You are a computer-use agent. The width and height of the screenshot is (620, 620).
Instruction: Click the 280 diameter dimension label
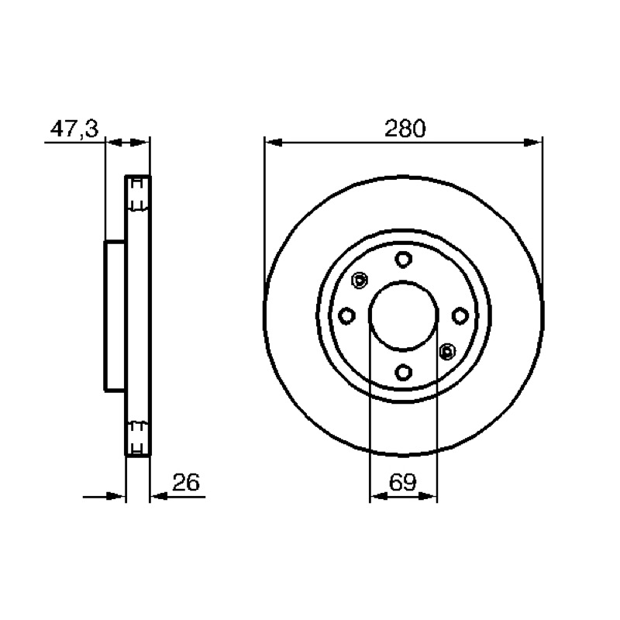tap(405, 128)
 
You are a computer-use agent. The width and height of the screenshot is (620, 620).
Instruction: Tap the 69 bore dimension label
tap(402, 482)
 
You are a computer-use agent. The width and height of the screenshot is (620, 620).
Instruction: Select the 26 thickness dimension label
tap(186, 482)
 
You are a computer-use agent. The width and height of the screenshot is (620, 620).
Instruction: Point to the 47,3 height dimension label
tap(74, 128)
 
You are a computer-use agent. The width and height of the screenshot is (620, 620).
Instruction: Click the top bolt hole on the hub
tap(403, 260)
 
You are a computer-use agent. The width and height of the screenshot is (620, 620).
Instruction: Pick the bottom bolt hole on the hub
tap(403, 372)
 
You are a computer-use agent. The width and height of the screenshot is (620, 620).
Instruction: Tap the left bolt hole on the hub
tap(347, 316)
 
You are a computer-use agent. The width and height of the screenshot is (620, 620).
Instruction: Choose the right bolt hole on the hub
tap(460, 316)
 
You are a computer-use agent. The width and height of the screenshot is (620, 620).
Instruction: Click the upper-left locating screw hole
tap(360, 281)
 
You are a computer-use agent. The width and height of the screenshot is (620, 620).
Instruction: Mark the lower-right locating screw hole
tap(447, 351)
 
